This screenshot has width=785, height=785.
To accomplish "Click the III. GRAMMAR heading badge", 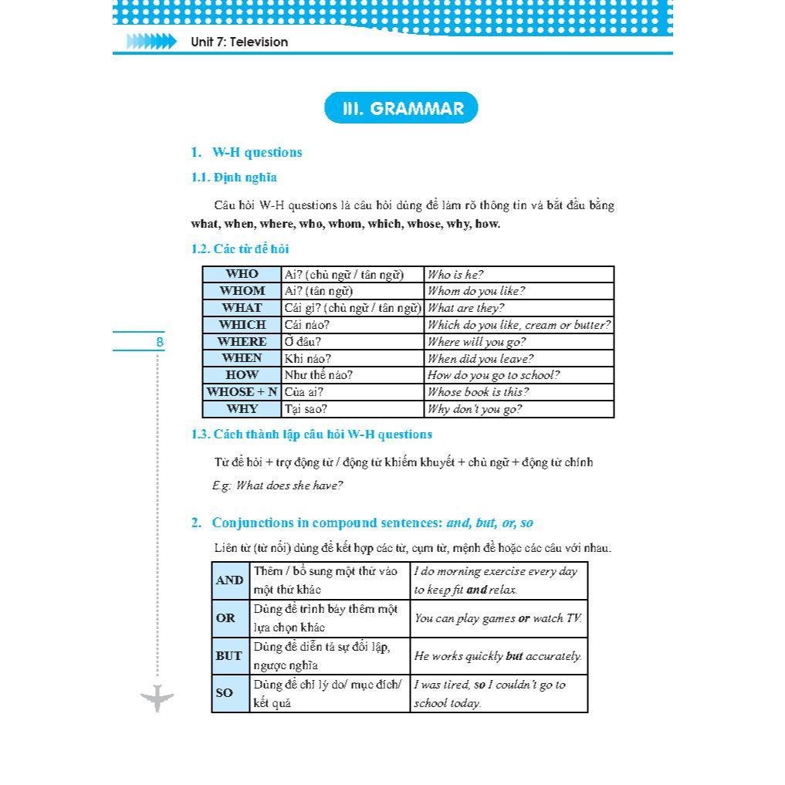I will click(401, 108).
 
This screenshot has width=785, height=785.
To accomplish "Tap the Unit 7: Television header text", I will click(239, 42).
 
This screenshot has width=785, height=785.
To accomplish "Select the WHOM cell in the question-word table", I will click(242, 291).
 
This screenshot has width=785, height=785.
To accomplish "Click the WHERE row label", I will click(242, 341).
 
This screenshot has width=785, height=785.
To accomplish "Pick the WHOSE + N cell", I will click(242, 392).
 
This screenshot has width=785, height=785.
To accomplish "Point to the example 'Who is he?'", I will click(455, 275).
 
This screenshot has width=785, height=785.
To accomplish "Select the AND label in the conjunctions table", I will click(230, 580).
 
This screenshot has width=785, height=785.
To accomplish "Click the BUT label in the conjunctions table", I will click(229, 656).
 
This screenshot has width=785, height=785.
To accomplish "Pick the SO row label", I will click(225, 693).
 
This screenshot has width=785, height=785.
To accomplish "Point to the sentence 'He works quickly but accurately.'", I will click(498, 656).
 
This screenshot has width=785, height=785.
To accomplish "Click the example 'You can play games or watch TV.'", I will click(498, 618).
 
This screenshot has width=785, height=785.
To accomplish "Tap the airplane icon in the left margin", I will click(157, 699).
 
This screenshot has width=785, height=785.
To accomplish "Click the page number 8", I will click(160, 341).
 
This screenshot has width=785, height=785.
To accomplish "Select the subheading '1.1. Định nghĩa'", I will click(234, 178).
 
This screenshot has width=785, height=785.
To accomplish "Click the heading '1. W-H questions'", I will click(247, 152).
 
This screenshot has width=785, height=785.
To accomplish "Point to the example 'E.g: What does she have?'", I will click(278, 486).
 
